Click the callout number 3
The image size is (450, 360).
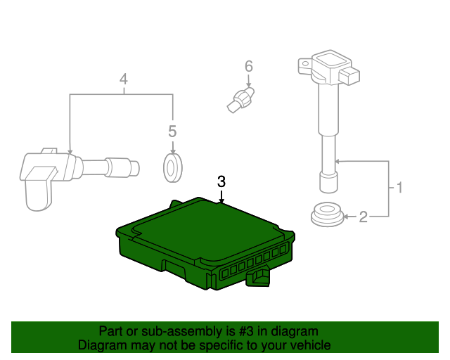pos(221,181)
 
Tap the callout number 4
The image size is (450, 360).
pos(124,79)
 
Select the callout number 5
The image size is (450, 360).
pos(172,131)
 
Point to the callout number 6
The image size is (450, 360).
pos(249,66)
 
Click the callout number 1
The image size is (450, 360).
pos(399,188)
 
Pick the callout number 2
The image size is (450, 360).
pos(363,217)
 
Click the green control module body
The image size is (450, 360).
pos(205,243)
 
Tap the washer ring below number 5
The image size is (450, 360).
pos(172,168)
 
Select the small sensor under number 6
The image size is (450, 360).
pos(240,100)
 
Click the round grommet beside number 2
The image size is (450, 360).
pos(327,214)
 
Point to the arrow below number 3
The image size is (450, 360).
pos(221,197)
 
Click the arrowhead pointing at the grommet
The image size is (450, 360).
pos(346,217)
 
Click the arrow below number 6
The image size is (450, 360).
pos(249,81)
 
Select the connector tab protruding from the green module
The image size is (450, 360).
pos(258,278)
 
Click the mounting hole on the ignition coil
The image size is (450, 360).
pos(305,64)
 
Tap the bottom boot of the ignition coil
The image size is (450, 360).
pos(328,182)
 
